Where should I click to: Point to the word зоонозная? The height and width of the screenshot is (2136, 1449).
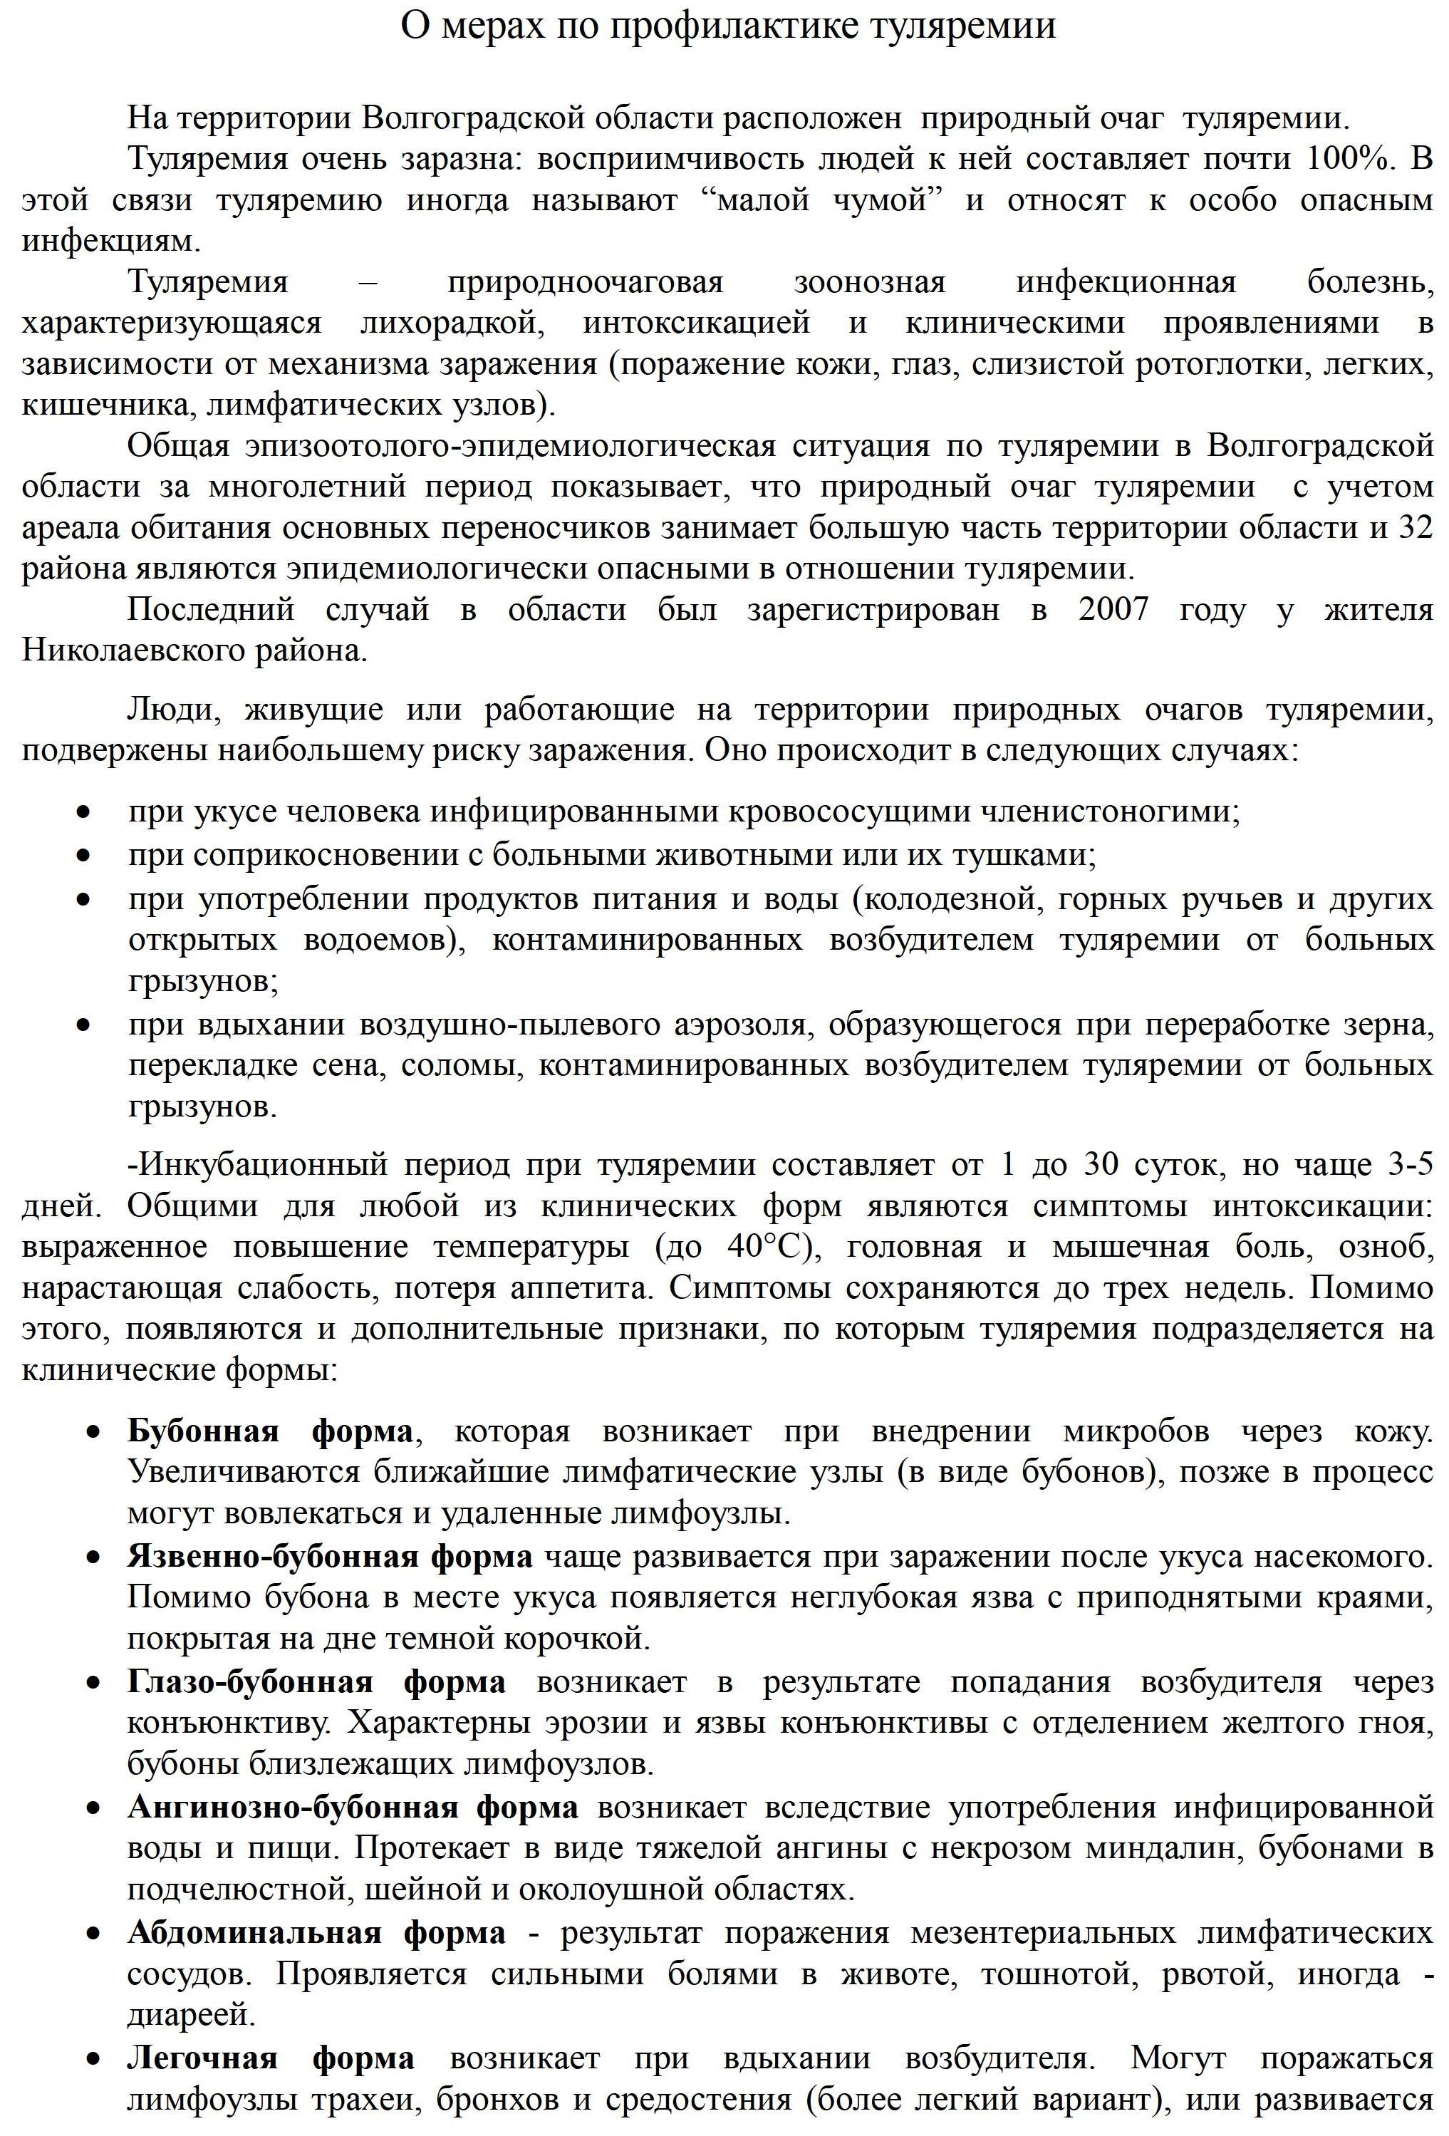click(x=869, y=282)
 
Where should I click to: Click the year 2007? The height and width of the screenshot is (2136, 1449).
click(x=1113, y=609)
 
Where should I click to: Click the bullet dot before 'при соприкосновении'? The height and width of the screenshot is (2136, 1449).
click(x=85, y=856)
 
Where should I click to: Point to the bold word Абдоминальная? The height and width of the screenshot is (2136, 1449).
click(x=254, y=1934)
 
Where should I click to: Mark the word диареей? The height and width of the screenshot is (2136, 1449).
click(x=191, y=2016)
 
